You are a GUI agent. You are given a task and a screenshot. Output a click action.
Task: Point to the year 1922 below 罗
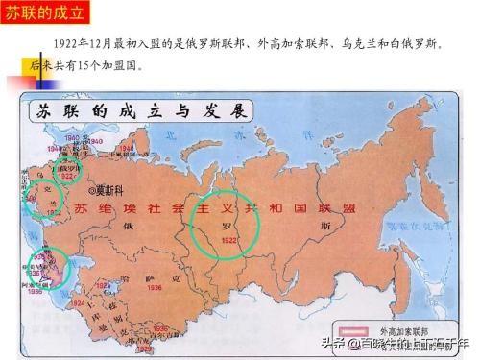(x=227, y=241)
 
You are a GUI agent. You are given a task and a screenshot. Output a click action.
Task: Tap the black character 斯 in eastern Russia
(x=326, y=227)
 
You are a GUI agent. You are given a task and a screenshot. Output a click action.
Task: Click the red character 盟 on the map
(x=365, y=206)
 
